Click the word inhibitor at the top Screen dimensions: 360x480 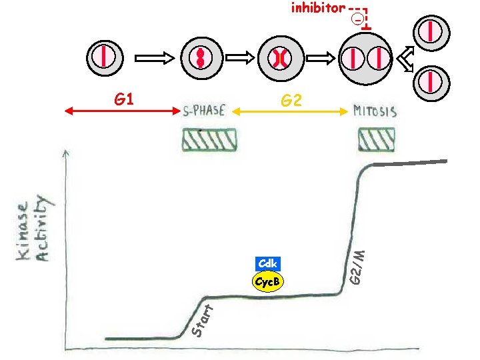point(318,8)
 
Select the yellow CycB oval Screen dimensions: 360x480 point(267,282)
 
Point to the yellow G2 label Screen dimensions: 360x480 point(291,101)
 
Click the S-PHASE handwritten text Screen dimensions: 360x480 point(205,111)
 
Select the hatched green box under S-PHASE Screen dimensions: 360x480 point(210,139)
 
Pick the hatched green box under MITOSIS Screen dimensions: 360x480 point(376,139)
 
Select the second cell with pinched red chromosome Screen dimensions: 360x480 point(200,57)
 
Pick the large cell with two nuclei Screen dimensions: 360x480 point(365,59)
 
